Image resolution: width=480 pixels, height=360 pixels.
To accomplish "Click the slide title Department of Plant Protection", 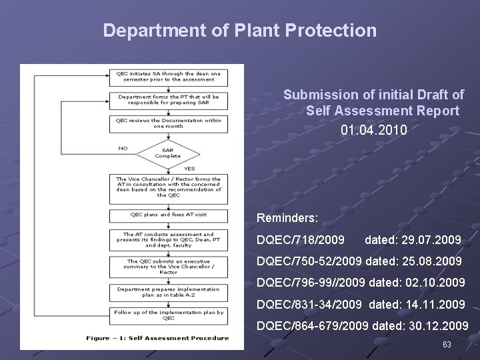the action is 240,31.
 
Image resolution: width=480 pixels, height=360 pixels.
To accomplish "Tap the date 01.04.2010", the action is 373,129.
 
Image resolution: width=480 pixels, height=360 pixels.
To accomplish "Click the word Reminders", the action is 287,217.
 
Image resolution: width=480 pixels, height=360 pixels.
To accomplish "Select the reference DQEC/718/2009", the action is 301,239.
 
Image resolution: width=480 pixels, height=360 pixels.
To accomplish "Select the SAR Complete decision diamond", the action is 167,152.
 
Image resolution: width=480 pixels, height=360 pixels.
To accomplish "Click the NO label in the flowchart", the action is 123,148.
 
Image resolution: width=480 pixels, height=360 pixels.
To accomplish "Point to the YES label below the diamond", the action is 189,168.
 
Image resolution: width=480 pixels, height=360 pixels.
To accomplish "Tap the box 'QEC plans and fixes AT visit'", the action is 168,215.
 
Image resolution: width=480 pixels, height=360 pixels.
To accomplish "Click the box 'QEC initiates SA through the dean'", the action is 168,76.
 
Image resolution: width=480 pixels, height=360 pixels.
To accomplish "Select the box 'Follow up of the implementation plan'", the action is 168,314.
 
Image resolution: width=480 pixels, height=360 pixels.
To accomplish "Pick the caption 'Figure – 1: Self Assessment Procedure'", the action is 157,338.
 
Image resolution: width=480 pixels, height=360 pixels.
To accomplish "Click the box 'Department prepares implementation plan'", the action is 168,292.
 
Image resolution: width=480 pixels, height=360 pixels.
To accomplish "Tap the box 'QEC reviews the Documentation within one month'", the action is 168,123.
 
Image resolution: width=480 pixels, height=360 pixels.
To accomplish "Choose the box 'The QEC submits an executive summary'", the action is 168,266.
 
